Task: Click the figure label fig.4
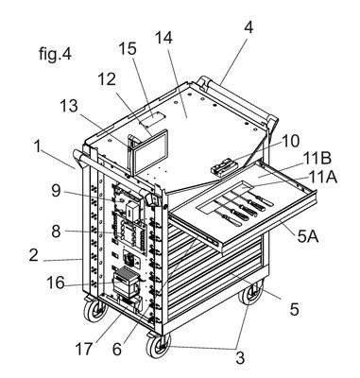click(56, 54)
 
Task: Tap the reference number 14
click(163, 38)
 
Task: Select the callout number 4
click(249, 27)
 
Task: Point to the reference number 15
click(128, 49)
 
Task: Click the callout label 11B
click(317, 158)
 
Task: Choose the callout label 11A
click(323, 177)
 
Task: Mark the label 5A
click(307, 237)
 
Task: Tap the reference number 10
click(290, 142)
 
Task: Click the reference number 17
click(84, 349)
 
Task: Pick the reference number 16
click(56, 283)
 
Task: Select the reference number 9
click(56, 191)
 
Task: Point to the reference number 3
click(240, 358)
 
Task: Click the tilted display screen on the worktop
click(148, 152)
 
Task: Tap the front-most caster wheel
click(159, 345)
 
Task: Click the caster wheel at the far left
click(95, 310)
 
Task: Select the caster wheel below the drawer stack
click(250, 293)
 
